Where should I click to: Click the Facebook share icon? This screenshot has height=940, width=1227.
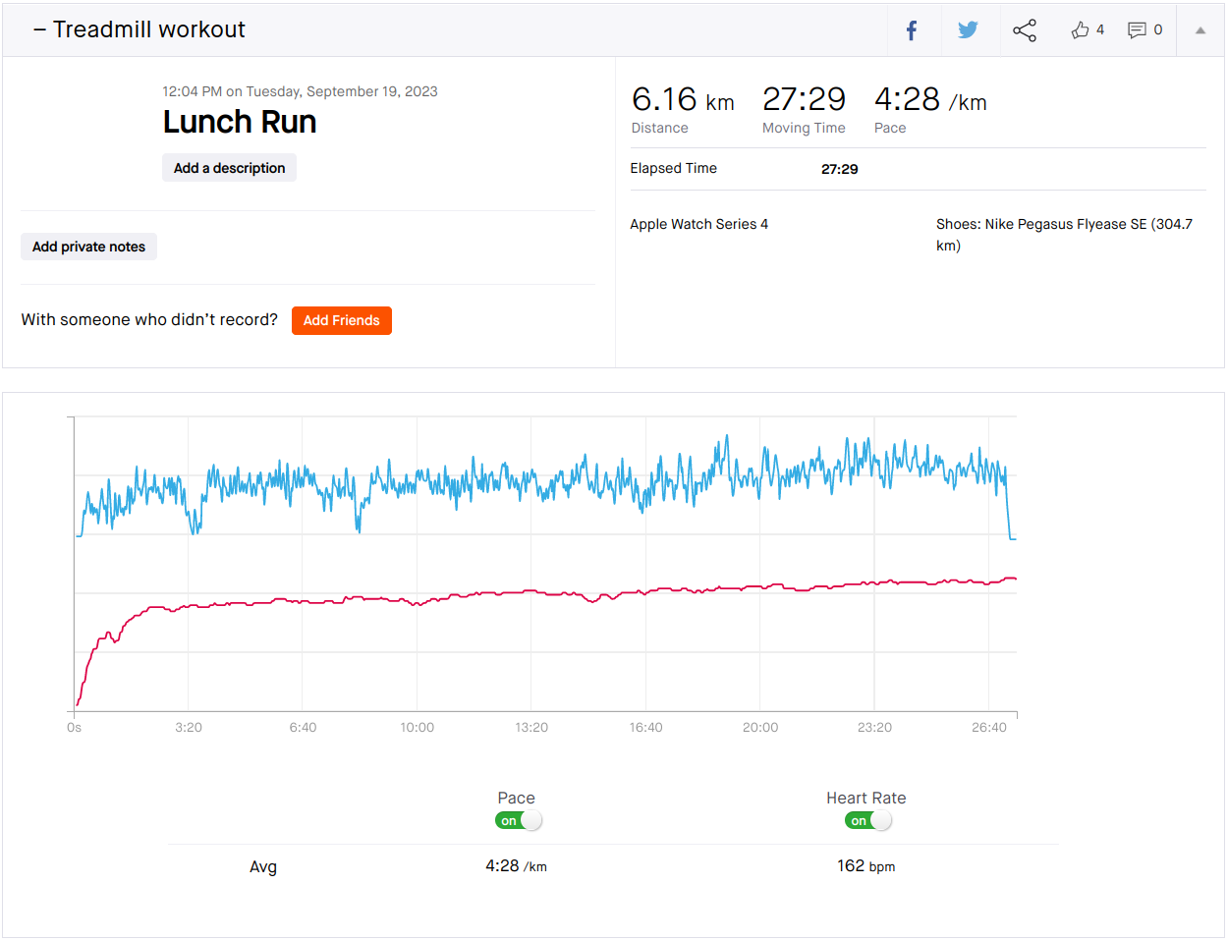[x=912, y=30]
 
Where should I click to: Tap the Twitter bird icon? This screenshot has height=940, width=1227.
[x=968, y=29]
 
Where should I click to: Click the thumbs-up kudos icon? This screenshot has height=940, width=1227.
[x=1080, y=29]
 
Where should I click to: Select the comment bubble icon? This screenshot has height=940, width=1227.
[x=1137, y=29]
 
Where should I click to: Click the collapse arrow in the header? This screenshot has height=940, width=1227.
[x=1200, y=30]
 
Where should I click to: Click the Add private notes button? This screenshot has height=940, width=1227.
[x=88, y=247]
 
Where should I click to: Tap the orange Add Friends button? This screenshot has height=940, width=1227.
[x=342, y=320]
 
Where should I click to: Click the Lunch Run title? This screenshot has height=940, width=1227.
[x=240, y=122]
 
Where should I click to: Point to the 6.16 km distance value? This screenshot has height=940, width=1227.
[x=683, y=99]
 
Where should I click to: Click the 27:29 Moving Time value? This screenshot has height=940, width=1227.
[x=804, y=99]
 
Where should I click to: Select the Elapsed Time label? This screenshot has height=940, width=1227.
[x=673, y=168]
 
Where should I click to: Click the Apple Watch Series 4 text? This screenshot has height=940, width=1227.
[x=699, y=224]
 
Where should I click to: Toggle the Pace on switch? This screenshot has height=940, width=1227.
[x=519, y=820]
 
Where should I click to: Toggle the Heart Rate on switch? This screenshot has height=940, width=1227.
[x=867, y=820]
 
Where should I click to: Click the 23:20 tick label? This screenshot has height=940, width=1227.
[x=874, y=727]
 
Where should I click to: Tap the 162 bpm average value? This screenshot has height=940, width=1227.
[x=866, y=866]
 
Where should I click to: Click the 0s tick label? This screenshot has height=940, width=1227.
[x=74, y=727]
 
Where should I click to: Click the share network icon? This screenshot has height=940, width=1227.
[x=1025, y=30]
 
